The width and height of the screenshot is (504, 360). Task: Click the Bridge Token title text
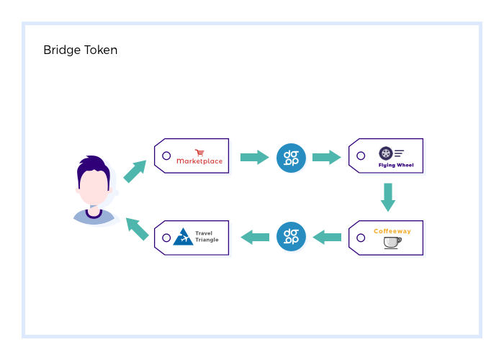click(x=80, y=50)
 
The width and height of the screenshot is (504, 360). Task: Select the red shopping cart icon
click(x=199, y=152)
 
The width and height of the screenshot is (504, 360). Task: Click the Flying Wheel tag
click(x=386, y=156)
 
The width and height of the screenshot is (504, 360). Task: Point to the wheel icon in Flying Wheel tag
click(x=385, y=153)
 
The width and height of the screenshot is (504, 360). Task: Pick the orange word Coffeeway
click(x=392, y=231)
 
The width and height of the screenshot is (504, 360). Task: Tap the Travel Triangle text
click(x=207, y=236)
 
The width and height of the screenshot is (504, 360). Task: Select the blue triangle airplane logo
click(x=183, y=236)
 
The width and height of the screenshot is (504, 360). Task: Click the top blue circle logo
click(x=292, y=157)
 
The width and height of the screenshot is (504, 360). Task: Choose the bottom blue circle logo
click(x=292, y=236)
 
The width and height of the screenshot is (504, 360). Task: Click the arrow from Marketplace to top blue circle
click(x=253, y=157)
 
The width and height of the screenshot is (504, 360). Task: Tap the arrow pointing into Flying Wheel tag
click(x=326, y=157)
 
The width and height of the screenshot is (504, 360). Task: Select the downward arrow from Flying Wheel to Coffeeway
click(x=388, y=197)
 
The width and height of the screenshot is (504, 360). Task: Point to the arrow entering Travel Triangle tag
click(x=254, y=236)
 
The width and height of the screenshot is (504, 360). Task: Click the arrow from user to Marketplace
click(x=134, y=171)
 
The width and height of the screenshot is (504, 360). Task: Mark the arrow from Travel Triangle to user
click(x=137, y=228)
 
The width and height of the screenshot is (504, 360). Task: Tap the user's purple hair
click(x=92, y=165)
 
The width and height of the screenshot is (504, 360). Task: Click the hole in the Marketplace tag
click(x=166, y=156)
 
